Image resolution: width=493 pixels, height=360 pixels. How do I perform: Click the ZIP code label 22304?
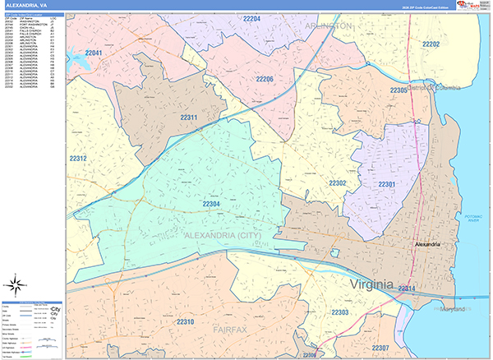(211, 203)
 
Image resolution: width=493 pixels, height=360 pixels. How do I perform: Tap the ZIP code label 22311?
(189, 118)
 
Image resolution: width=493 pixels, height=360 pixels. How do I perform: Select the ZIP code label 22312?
(78, 158)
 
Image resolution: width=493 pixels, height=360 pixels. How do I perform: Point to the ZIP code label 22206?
(264, 79)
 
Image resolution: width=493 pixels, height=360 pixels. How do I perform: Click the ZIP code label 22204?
(252, 18)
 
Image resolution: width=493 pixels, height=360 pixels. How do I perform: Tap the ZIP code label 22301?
(388, 183)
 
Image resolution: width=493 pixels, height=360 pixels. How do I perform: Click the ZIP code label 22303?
(340, 313)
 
